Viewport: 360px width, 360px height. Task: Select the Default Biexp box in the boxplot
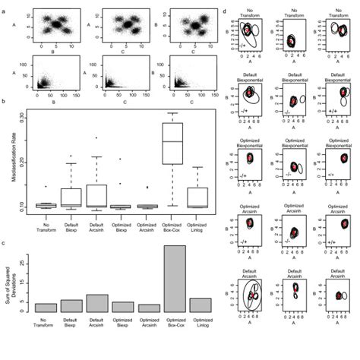(x=71, y=197)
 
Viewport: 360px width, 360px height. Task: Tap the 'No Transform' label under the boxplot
(x=46, y=222)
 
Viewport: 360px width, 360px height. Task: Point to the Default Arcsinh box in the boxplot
(x=97, y=194)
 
